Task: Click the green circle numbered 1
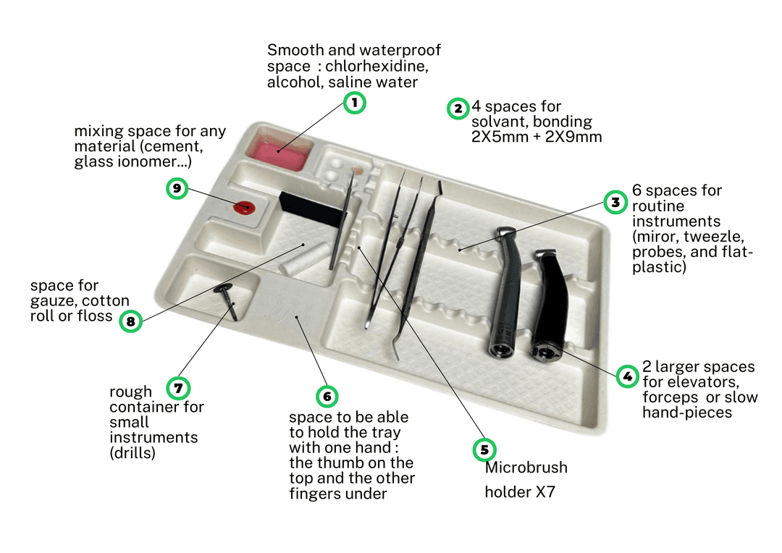(354, 103)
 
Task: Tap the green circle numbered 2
(458, 109)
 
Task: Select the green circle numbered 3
(615, 202)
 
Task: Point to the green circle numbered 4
(626, 376)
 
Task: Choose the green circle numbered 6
(327, 396)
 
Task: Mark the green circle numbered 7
(177, 387)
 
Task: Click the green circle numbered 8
(130, 321)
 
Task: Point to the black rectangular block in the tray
(310, 210)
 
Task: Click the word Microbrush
(526, 468)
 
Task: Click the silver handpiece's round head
(500, 348)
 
